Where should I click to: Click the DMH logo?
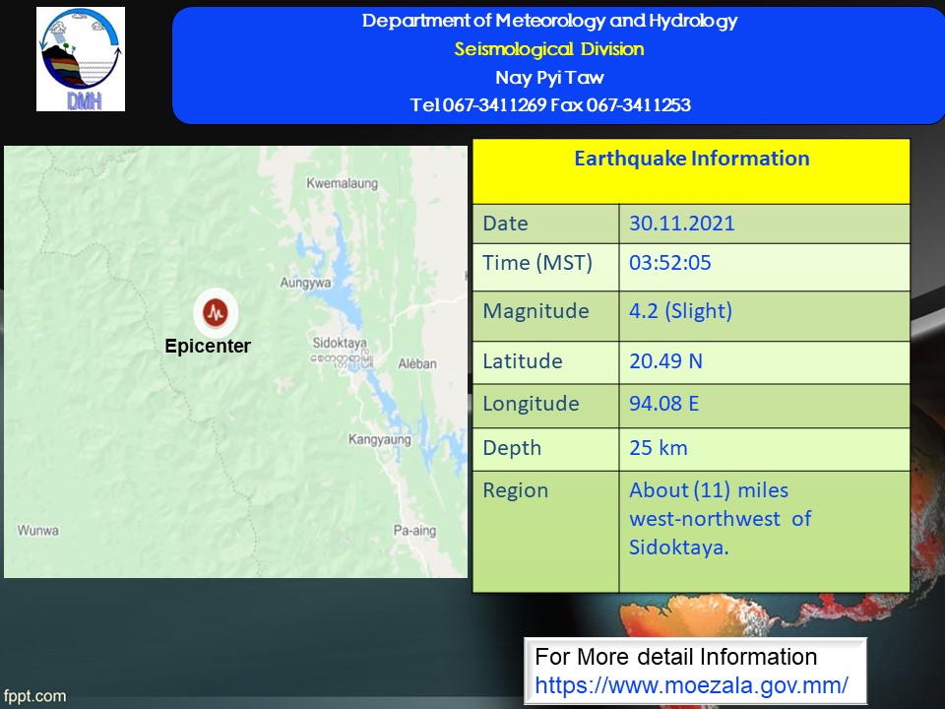[x=81, y=59]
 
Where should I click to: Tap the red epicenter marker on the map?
[x=216, y=312]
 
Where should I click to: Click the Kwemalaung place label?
[x=343, y=183]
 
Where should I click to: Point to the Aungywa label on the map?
[x=305, y=283]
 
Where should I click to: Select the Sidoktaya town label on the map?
[x=340, y=343]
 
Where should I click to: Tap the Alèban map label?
[x=417, y=363]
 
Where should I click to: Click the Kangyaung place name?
[x=380, y=439]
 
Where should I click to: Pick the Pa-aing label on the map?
[x=414, y=531]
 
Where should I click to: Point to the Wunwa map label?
[x=38, y=531]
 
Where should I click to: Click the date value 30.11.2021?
[x=681, y=224]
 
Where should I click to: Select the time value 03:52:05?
[x=669, y=263]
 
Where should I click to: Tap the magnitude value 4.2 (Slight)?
[x=680, y=311]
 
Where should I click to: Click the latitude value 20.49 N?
[x=665, y=361]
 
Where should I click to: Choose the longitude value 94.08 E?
[x=663, y=404]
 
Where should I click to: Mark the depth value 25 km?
[x=659, y=448]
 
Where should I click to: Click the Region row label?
[x=515, y=491]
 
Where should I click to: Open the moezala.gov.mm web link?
[x=691, y=685]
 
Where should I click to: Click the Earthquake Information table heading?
[x=691, y=159]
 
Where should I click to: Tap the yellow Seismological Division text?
[x=549, y=49]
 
